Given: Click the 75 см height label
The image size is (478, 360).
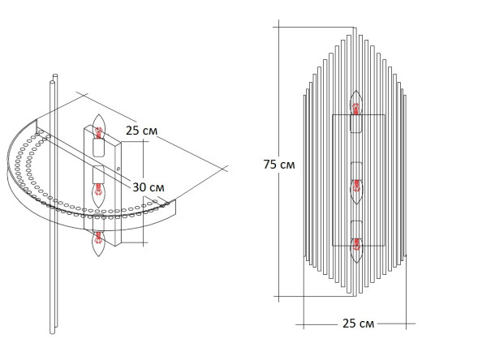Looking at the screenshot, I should [x=278, y=165].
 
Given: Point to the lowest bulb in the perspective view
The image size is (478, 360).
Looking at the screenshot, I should [x=98, y=241].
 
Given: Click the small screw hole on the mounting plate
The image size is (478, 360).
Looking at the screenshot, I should [x=118, y=170].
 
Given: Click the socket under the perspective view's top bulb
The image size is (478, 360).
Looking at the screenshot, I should [x=99, y=148].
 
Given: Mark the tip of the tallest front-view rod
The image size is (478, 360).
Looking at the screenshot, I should [x=355, y=26].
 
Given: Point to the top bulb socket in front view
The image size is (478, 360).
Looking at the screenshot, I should [x=355, y=122].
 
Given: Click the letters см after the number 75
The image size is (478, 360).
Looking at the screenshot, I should [x=286, y=165].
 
